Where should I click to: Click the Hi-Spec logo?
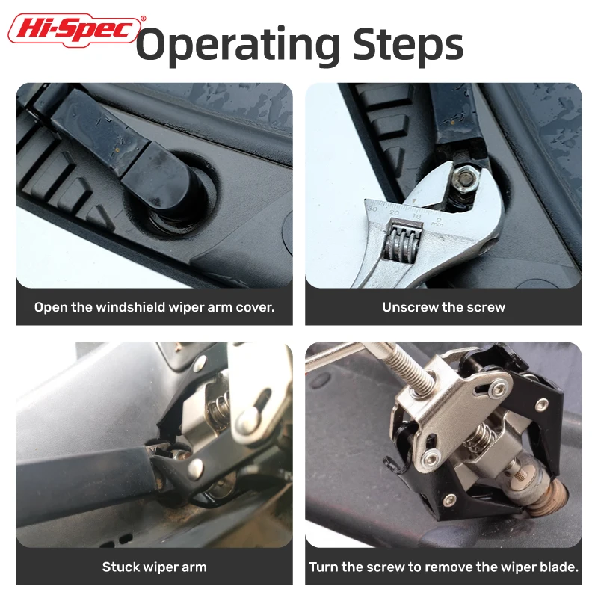coord(74,30)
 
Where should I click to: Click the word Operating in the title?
coord(238,46)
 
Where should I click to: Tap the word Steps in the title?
coord(407,46)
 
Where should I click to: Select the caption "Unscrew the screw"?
coord(443,307)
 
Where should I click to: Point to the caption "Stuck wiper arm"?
coord(155,567)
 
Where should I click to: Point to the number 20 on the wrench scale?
coord(395,212)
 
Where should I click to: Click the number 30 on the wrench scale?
coord(372,209)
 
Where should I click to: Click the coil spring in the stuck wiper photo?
coord(219,407)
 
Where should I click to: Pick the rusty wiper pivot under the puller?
coord(545,495)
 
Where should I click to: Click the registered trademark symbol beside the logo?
coord(143,18)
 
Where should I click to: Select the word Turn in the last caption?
coord(324,567)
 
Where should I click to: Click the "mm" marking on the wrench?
coord(437,224)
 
